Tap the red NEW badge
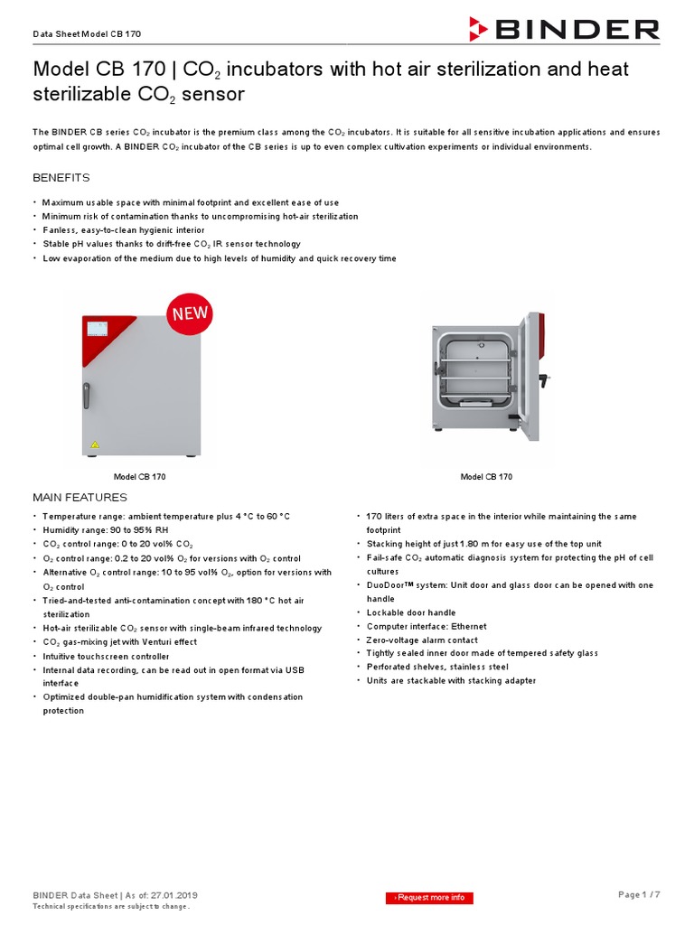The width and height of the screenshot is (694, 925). (x=188, y=314)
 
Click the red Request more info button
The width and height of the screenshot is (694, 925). (x=431, y=897)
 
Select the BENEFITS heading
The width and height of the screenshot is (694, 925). (x=61, y=178)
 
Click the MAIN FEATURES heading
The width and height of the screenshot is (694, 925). (x=80, y=498)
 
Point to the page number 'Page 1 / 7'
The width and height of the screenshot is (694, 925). (x=638, y=894)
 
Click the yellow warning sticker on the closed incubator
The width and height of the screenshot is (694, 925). (x=94, y=445)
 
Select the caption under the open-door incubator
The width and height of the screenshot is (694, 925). (x=486, y=477)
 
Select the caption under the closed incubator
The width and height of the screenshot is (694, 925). (x=139, y=477)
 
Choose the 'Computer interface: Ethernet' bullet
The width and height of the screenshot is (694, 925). (x=426, y=626)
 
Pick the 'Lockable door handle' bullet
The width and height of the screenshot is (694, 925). (x=410, y=612)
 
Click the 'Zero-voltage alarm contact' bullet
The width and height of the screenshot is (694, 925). (x=422, y=640)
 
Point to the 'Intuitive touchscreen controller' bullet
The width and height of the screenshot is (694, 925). (x=106, y=656)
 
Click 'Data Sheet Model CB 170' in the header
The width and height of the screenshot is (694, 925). (x=87, y=33)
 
